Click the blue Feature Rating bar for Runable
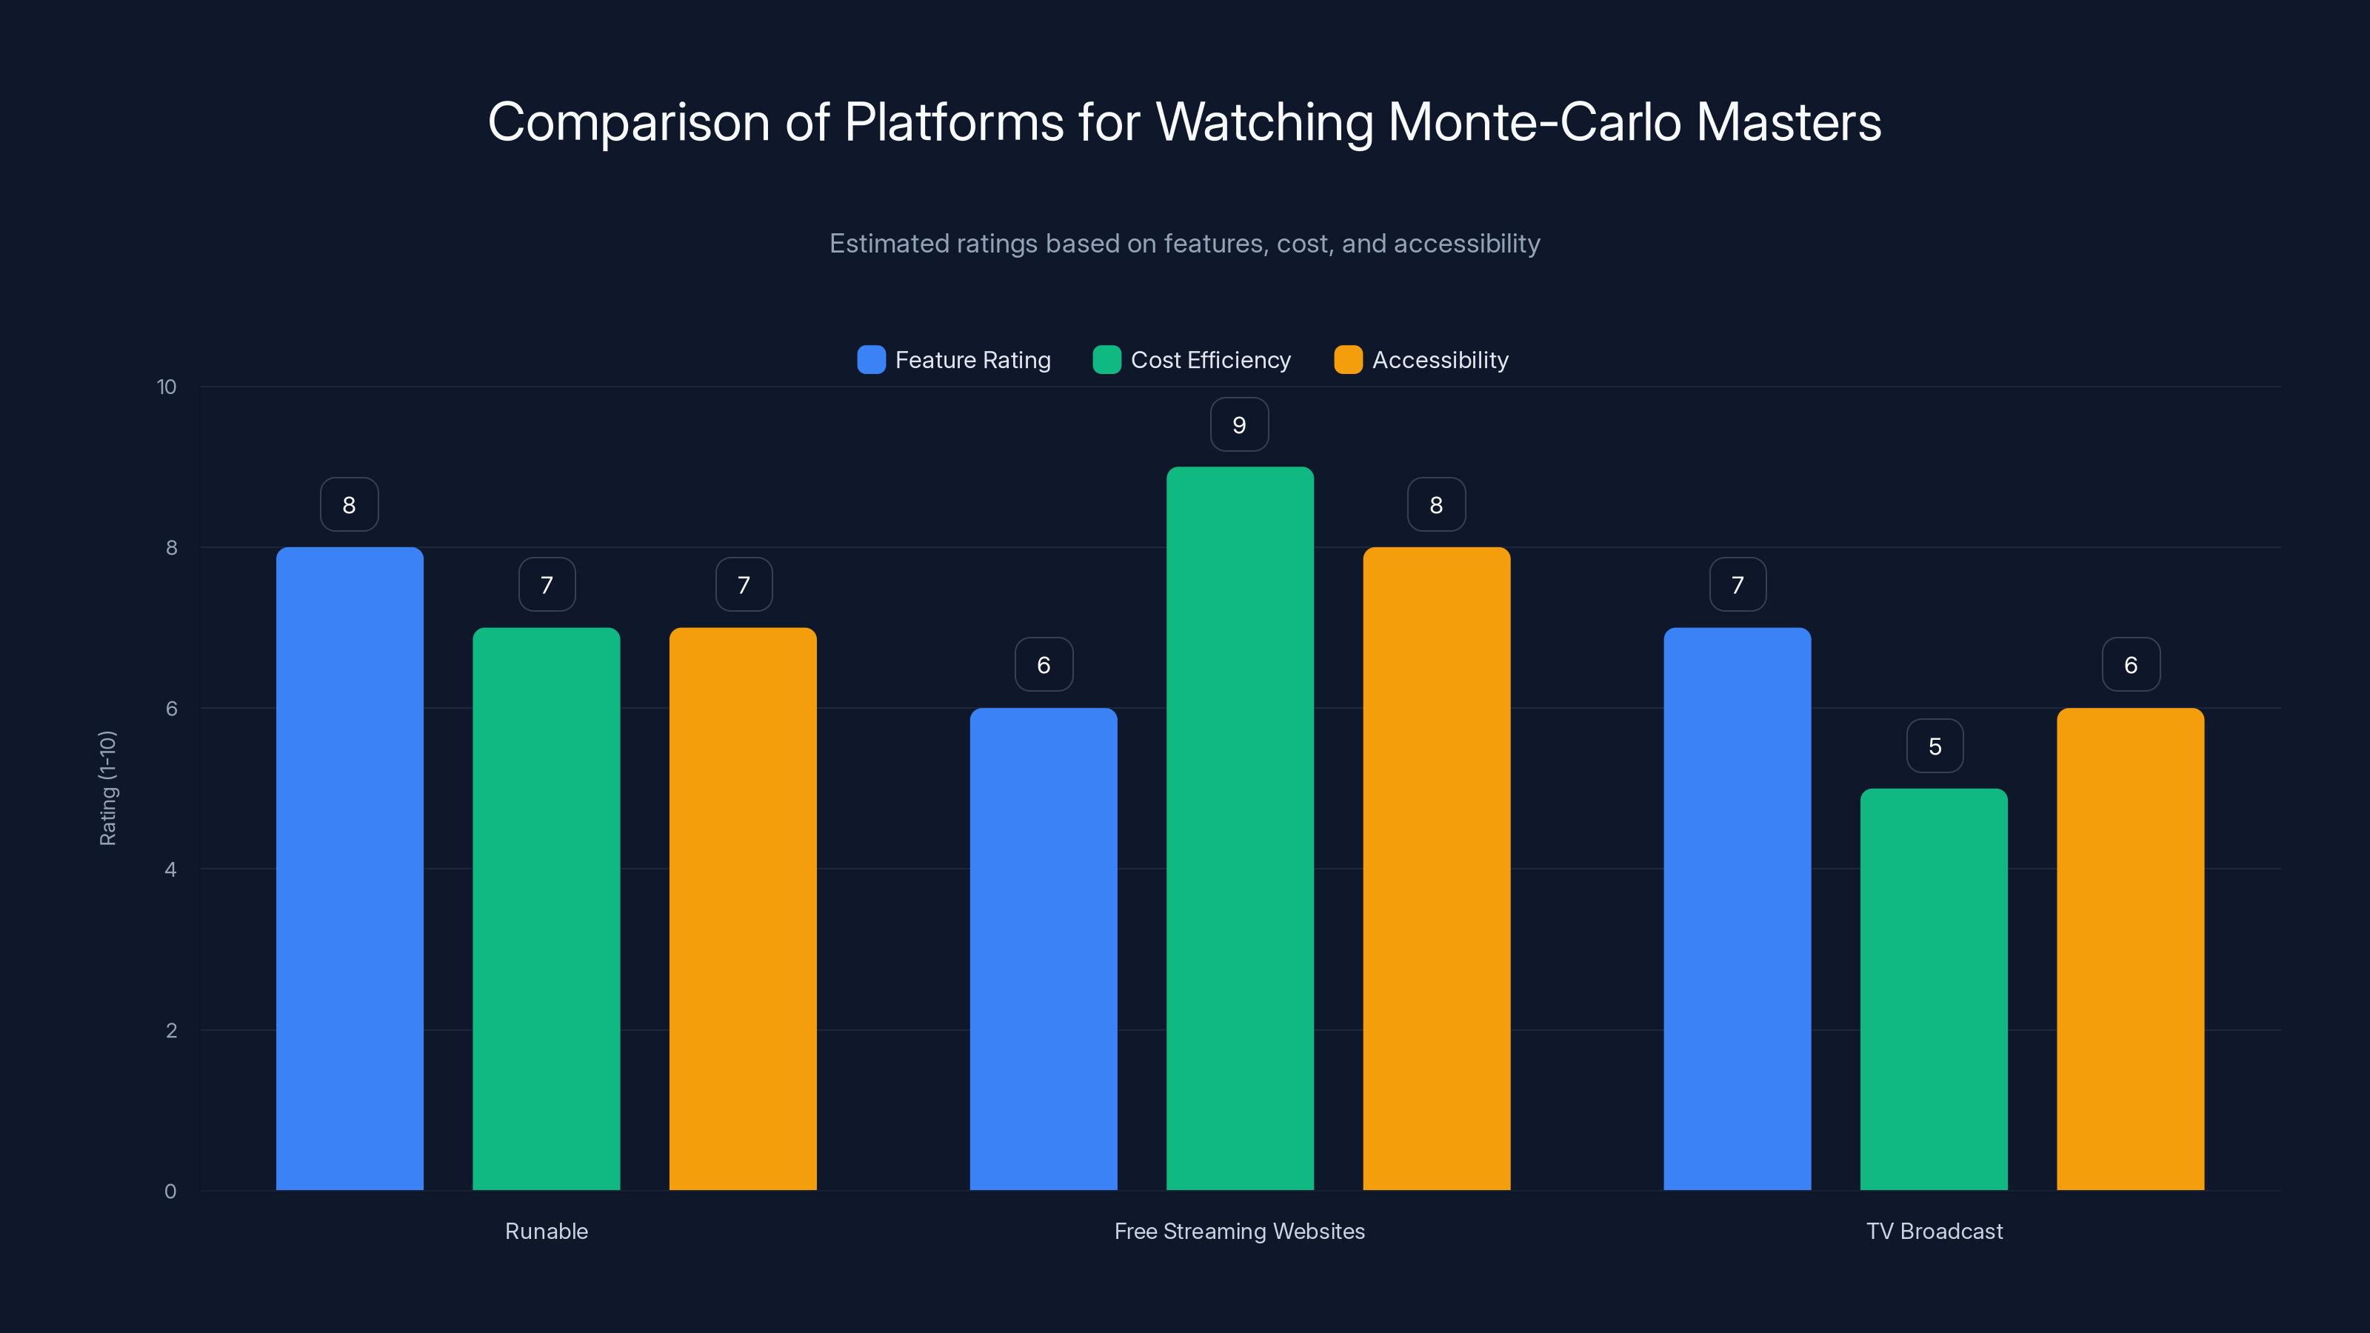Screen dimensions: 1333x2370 (350, 869)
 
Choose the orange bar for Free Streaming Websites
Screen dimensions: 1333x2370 (1436, 869)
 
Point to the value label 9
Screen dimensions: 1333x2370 (1239, 425)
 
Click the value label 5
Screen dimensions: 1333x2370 (1935, 746)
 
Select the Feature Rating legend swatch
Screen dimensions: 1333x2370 (871, 360)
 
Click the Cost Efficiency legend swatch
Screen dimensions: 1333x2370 (1106, 360)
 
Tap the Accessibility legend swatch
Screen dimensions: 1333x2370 (1348, 360)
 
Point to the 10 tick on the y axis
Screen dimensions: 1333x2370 (167, 387)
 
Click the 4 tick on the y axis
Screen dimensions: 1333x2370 (171, 869)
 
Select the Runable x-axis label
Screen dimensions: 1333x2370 (547, 1231)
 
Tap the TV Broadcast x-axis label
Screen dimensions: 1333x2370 (1934, 1231)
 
